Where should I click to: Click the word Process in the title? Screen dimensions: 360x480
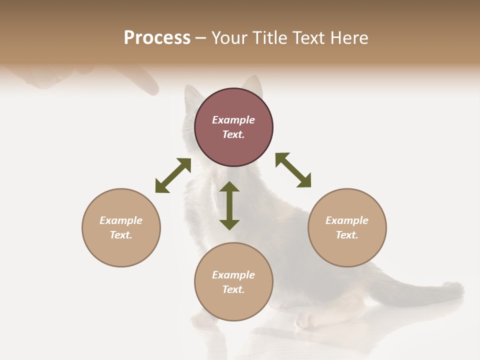pos(157,38)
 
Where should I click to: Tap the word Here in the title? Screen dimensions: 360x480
pos(348,38)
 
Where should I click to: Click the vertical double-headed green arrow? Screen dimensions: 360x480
pos(229,205)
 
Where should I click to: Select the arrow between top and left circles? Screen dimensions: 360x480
pos(173,175)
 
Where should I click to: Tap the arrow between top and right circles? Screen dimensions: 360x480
pos(293,170)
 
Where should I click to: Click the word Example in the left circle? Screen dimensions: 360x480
pos(121,220)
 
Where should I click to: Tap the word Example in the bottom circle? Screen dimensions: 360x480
pos(233,275)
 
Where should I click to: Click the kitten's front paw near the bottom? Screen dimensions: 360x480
pos(305,320)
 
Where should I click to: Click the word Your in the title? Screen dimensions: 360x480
pos(228,38)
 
